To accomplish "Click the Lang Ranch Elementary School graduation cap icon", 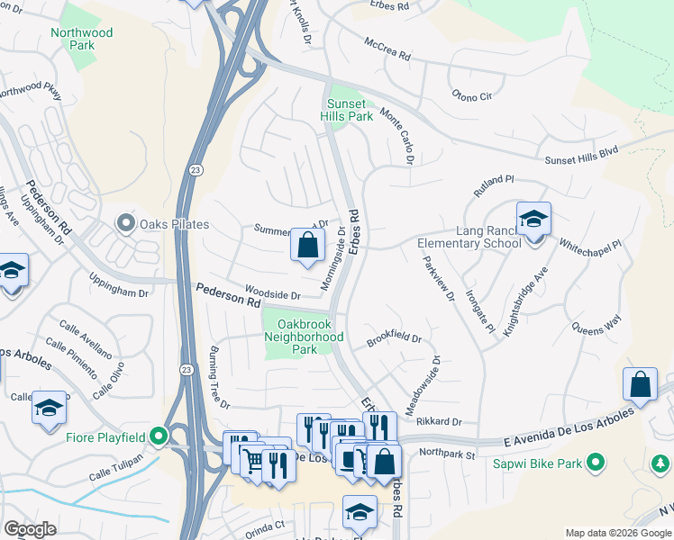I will click(x=533, y=218).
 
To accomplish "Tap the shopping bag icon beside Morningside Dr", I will click(x=307, y=244).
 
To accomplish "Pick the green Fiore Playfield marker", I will click(x=159, y=438).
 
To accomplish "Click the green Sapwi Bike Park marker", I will click(x=594, y=463).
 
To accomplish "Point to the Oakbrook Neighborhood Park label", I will click(x=304, y=337).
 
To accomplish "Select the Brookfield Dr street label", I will click(x=394, y=339).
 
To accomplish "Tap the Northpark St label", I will click(x=447, y=455).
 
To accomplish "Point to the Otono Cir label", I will click(x=472, y=94).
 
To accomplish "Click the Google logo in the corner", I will click(x=31, y=529).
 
